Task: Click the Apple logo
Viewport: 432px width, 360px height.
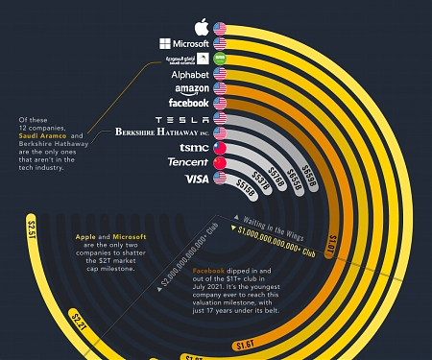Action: tap(201, 26)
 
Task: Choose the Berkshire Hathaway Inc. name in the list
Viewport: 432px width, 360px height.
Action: tap(161, 132)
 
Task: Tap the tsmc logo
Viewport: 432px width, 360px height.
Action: tap(191, 148)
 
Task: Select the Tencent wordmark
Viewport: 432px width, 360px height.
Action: tap(187, 162)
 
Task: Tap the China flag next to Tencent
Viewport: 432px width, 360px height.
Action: tap(220, 163)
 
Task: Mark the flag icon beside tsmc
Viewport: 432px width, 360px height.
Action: tap(220, 148)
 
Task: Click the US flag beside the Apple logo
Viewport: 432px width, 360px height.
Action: tap(220, 27)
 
